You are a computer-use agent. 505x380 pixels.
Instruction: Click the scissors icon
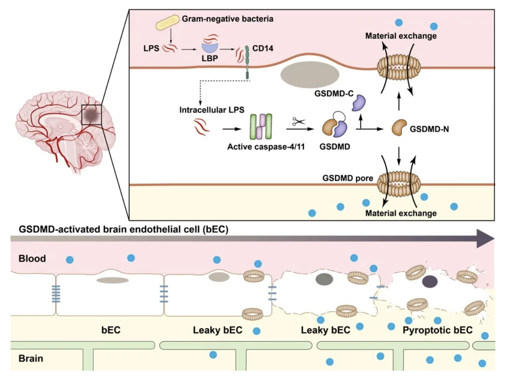point(299,122)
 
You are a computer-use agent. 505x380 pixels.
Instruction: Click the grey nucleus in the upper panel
point(310,75)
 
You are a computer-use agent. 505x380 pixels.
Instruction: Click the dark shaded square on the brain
point(92,115)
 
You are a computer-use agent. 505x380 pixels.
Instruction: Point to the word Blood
point(32,258)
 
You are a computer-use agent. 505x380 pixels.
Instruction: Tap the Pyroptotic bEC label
point(437,330)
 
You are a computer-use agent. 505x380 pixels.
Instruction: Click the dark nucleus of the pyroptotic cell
point(430,280)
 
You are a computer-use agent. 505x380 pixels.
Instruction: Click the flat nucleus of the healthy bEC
point(112,280)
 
